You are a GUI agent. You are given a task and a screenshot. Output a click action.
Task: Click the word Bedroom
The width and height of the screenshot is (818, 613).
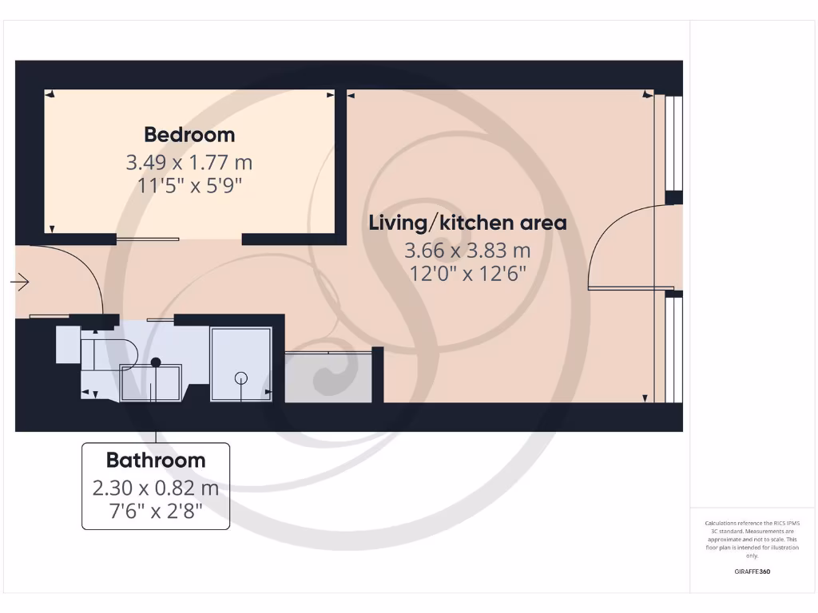click(189, 134)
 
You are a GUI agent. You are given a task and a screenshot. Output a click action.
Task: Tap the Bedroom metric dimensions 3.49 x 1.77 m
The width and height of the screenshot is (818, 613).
click(189, 163)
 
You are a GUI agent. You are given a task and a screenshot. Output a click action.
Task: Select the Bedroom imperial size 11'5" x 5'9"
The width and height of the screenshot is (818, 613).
click(189, 186)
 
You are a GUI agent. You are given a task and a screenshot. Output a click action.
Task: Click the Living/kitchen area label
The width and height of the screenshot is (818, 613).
click(467, 223)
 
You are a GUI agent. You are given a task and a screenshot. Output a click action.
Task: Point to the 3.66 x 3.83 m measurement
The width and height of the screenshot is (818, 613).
click(467, 251)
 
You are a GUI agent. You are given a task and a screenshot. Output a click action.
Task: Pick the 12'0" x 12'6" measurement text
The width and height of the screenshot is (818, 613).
click(467, 274)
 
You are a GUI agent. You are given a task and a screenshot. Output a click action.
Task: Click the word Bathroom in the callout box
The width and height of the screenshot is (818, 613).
click(156, 461)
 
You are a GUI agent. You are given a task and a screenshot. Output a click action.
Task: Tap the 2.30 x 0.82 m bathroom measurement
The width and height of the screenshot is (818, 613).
click(156, 488)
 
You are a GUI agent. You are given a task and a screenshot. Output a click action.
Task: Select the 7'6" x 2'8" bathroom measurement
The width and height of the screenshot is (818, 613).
click(156, 510)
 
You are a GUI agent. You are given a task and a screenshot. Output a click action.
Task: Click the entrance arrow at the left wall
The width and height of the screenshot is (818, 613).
click(21, 282)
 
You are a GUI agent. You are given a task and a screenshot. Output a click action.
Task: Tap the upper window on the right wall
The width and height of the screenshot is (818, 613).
click(674, 144)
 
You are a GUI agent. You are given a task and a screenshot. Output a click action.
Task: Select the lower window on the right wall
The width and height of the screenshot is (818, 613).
click(674, 351)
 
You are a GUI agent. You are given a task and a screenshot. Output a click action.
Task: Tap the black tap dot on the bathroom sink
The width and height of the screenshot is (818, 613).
click(157, 362)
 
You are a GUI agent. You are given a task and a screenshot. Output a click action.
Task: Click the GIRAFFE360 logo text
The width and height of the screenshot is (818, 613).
click(752, 571)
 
